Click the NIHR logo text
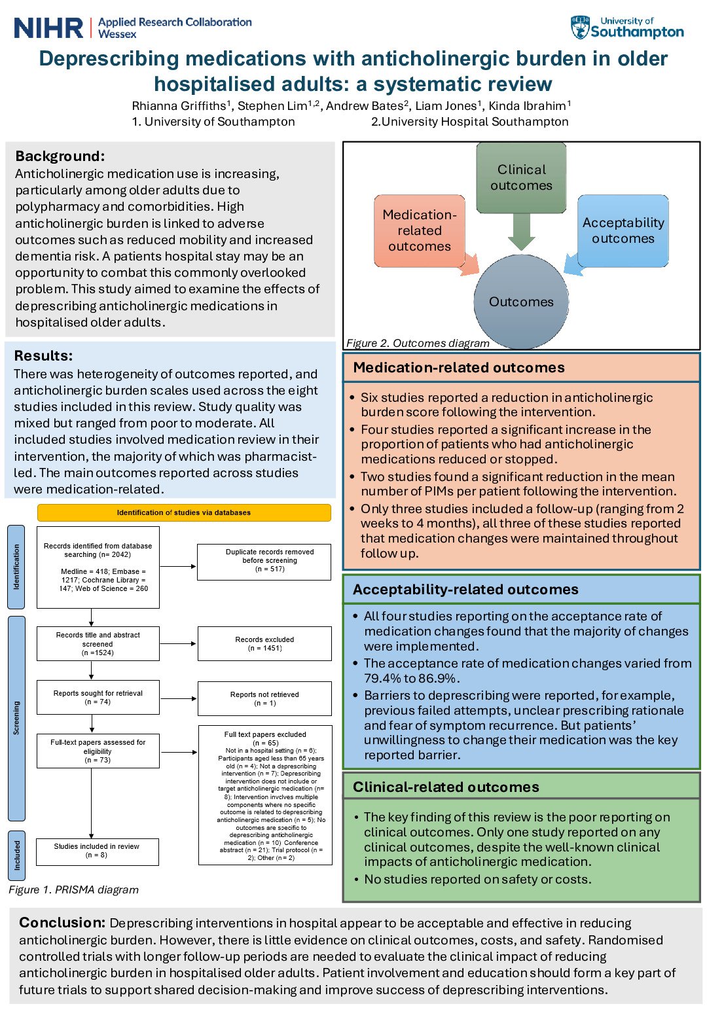coord(48,28)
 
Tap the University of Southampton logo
coord(627,28)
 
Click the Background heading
coord(60,156)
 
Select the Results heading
coord(43,355)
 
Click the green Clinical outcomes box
coord(521,177)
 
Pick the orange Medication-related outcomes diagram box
coord(420,230)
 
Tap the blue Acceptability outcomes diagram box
coord(623,230)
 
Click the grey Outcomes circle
coord(521,302)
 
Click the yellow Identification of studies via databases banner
coord(184,512)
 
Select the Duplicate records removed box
coord(264,561)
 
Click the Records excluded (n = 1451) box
coord(264,644)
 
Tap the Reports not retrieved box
coord(264,698)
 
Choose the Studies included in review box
coord(97,851)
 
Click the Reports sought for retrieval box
coord(98,697)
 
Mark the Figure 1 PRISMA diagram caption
coord(73,889)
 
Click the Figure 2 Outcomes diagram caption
coord(418,343)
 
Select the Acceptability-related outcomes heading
coord(465,589)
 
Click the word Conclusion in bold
coord(62,923)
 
